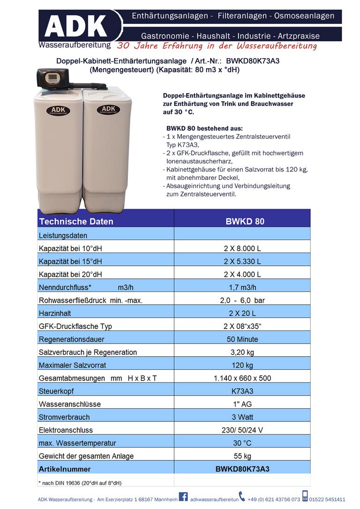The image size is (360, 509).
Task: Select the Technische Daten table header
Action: pos(76,221)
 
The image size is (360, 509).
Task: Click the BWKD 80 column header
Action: pos(242,221)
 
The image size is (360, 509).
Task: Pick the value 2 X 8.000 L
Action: pos(242,248)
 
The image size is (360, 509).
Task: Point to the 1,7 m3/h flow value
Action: pos(242,287)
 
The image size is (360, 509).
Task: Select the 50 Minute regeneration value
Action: pos(242,339)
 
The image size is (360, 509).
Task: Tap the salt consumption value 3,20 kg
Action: pos(242,352)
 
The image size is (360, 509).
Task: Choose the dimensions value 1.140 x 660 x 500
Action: pos(242,378)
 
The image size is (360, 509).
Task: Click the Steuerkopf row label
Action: pos(56,391)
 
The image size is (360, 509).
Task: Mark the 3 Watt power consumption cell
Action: pos(242,417)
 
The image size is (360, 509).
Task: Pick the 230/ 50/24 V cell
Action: pos(242,430)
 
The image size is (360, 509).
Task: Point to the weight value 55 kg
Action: pos(242,456)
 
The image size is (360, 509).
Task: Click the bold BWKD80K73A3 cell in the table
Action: pos(242,469)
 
